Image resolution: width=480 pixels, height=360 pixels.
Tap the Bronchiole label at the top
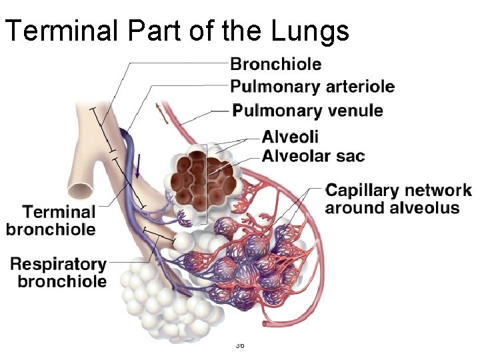coord(275,65)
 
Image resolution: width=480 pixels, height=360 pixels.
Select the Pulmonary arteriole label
coord(312,87)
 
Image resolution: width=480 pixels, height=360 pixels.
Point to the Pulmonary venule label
coord(307,111)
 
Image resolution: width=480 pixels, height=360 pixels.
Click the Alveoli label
coord(290,137)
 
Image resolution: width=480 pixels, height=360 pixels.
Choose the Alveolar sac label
coord(313,157)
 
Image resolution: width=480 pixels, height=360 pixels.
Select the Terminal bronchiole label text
coord(51,221)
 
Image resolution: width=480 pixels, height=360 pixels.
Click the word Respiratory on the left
coord(59,265)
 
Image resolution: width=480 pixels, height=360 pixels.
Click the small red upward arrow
coord(158,110)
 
